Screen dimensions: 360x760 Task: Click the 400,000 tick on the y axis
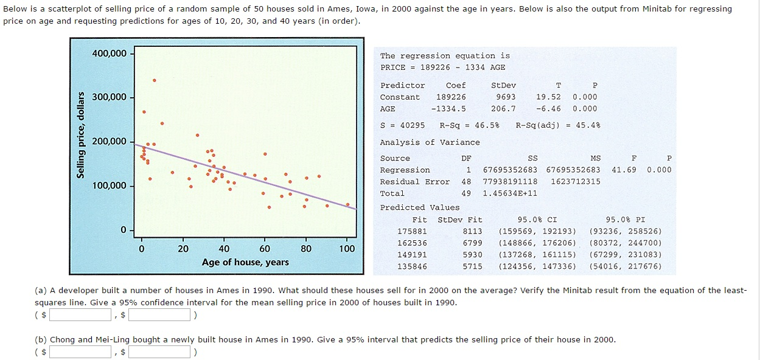(110, 54)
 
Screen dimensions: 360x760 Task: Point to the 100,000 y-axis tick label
(110, 185)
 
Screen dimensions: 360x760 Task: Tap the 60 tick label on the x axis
(265, 248)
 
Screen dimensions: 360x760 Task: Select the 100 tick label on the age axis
(347, 248)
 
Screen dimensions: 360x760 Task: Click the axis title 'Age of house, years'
(245, 262)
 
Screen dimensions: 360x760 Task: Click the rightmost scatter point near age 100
(347, 204)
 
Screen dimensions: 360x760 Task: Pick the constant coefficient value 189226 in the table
(451, 97)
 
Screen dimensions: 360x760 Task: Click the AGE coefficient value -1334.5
(448, 109)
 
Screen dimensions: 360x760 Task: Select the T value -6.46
(548, 109)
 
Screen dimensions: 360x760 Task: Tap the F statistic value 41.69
(624, 170)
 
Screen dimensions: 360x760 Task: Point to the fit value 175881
(412, 232)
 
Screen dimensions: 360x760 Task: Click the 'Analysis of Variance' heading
(430, 142)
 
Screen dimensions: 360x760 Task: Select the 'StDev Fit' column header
(459, 220)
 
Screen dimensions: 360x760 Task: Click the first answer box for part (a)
(81, 315)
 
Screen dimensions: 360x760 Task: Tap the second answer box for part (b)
(159, 351)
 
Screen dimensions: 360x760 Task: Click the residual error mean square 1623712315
(575, 182)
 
